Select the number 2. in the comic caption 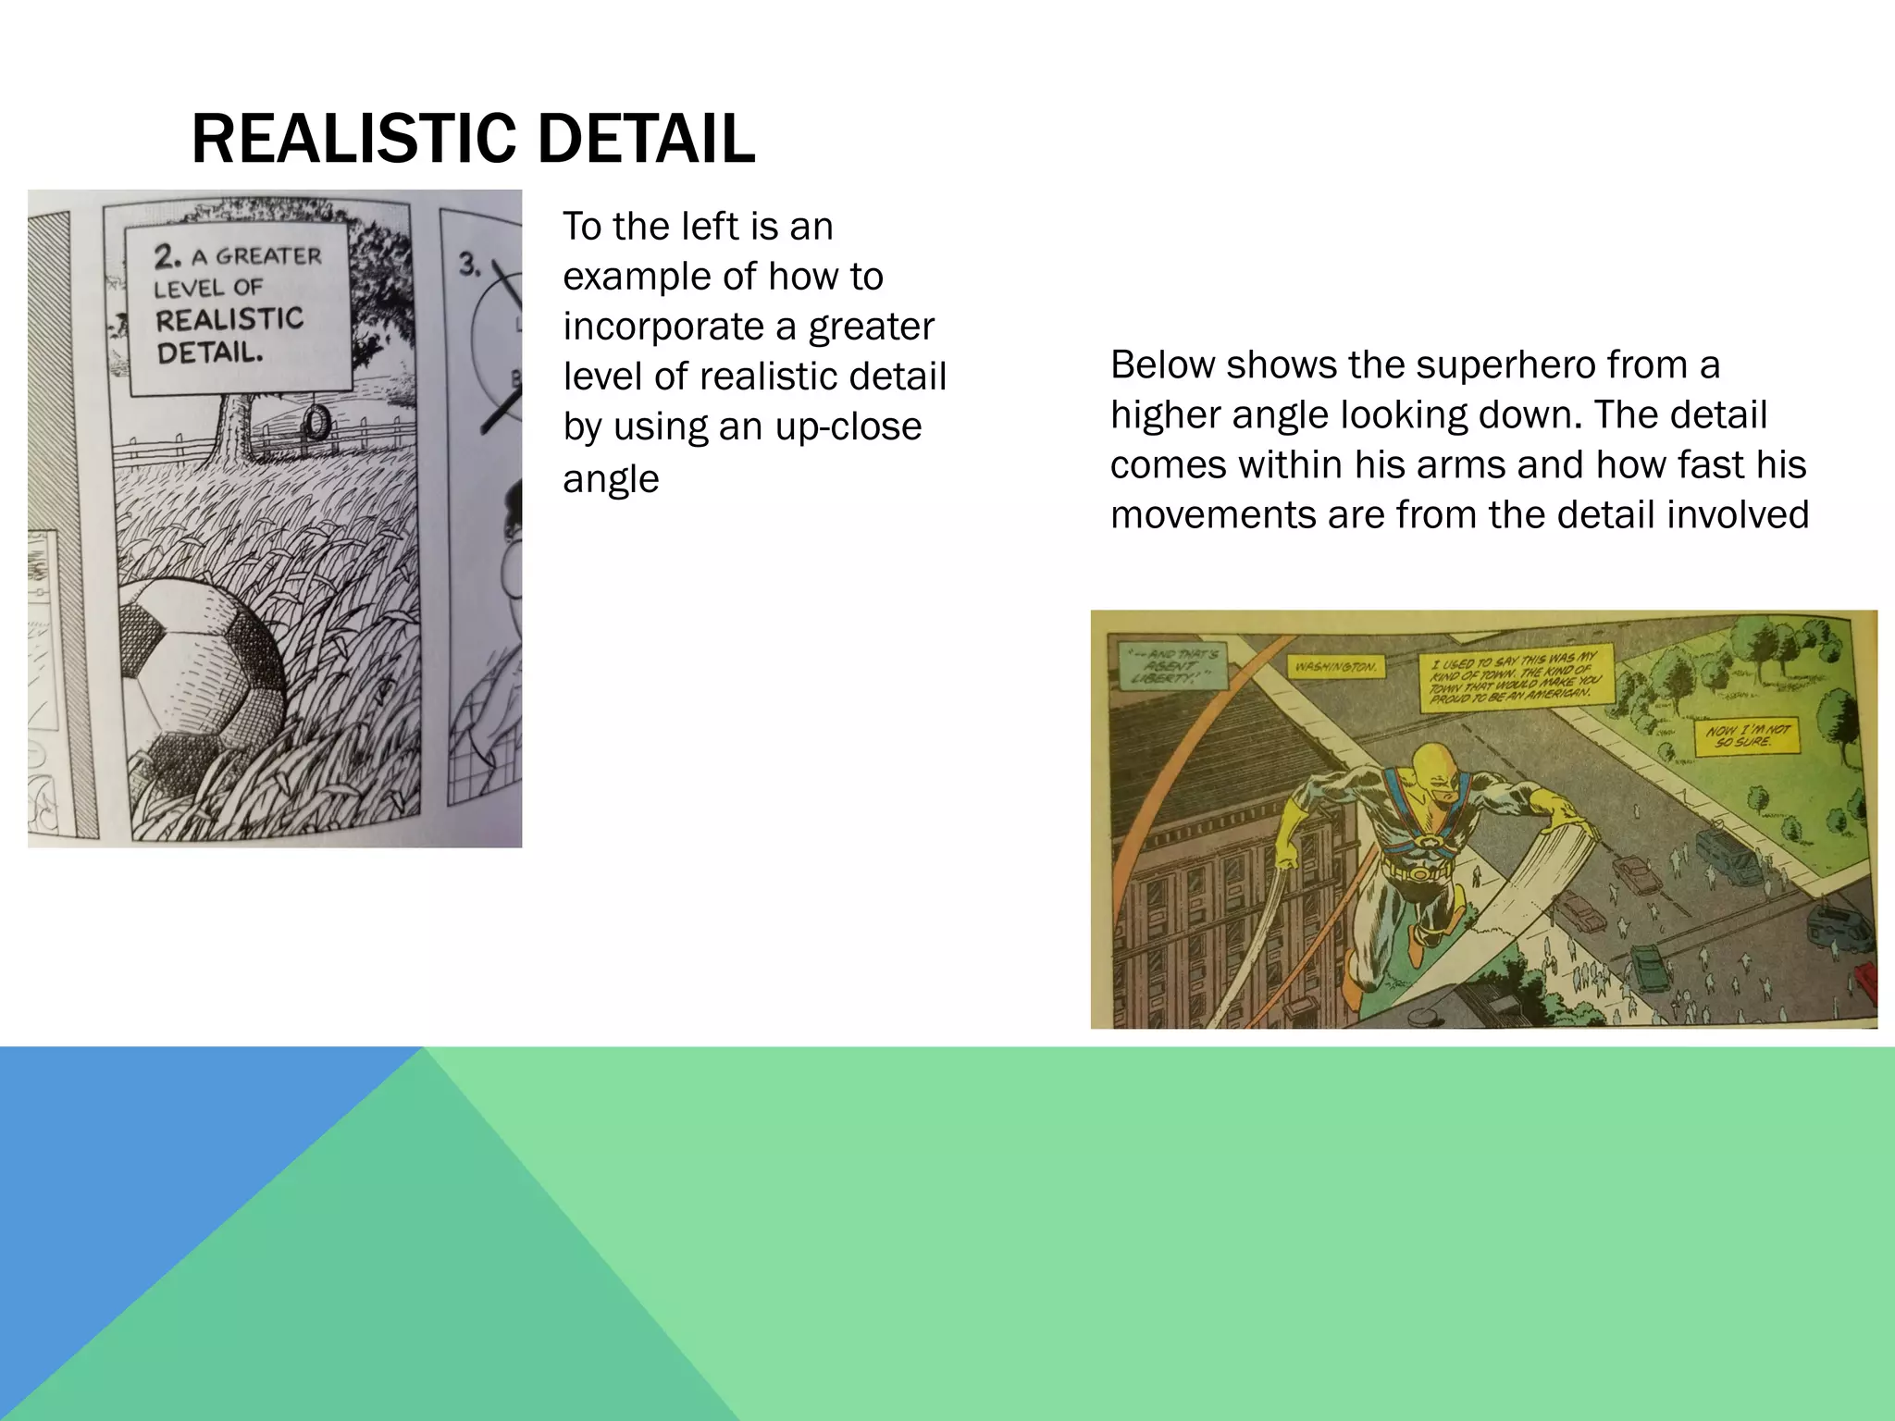[167, 256]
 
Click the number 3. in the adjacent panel [470, 266]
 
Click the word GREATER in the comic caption [268, 256]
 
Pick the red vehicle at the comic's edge [1867, 980]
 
